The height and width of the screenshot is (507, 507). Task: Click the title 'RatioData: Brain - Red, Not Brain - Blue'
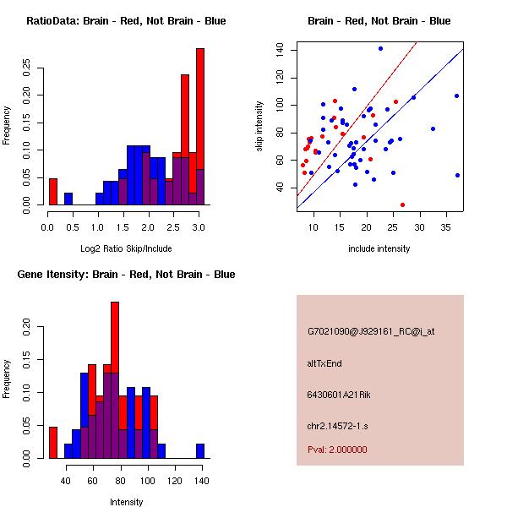point(126,21)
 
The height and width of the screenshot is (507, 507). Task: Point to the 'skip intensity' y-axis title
point(261,127)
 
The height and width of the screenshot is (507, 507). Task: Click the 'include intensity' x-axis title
point(379,248)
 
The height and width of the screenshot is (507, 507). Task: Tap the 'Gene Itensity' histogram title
point(126,275)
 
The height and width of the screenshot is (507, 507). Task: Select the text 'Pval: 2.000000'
point(337,450)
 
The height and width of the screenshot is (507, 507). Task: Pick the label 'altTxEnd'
point(324,363)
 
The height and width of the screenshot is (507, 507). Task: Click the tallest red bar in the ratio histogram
point(200,127)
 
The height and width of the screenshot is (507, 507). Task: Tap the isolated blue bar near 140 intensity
point(200,451)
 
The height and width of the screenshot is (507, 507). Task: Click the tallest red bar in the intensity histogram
point(114,380)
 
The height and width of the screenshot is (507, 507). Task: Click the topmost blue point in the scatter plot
point(380,48)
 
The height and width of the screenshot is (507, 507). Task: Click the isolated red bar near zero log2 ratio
point(52,192)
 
